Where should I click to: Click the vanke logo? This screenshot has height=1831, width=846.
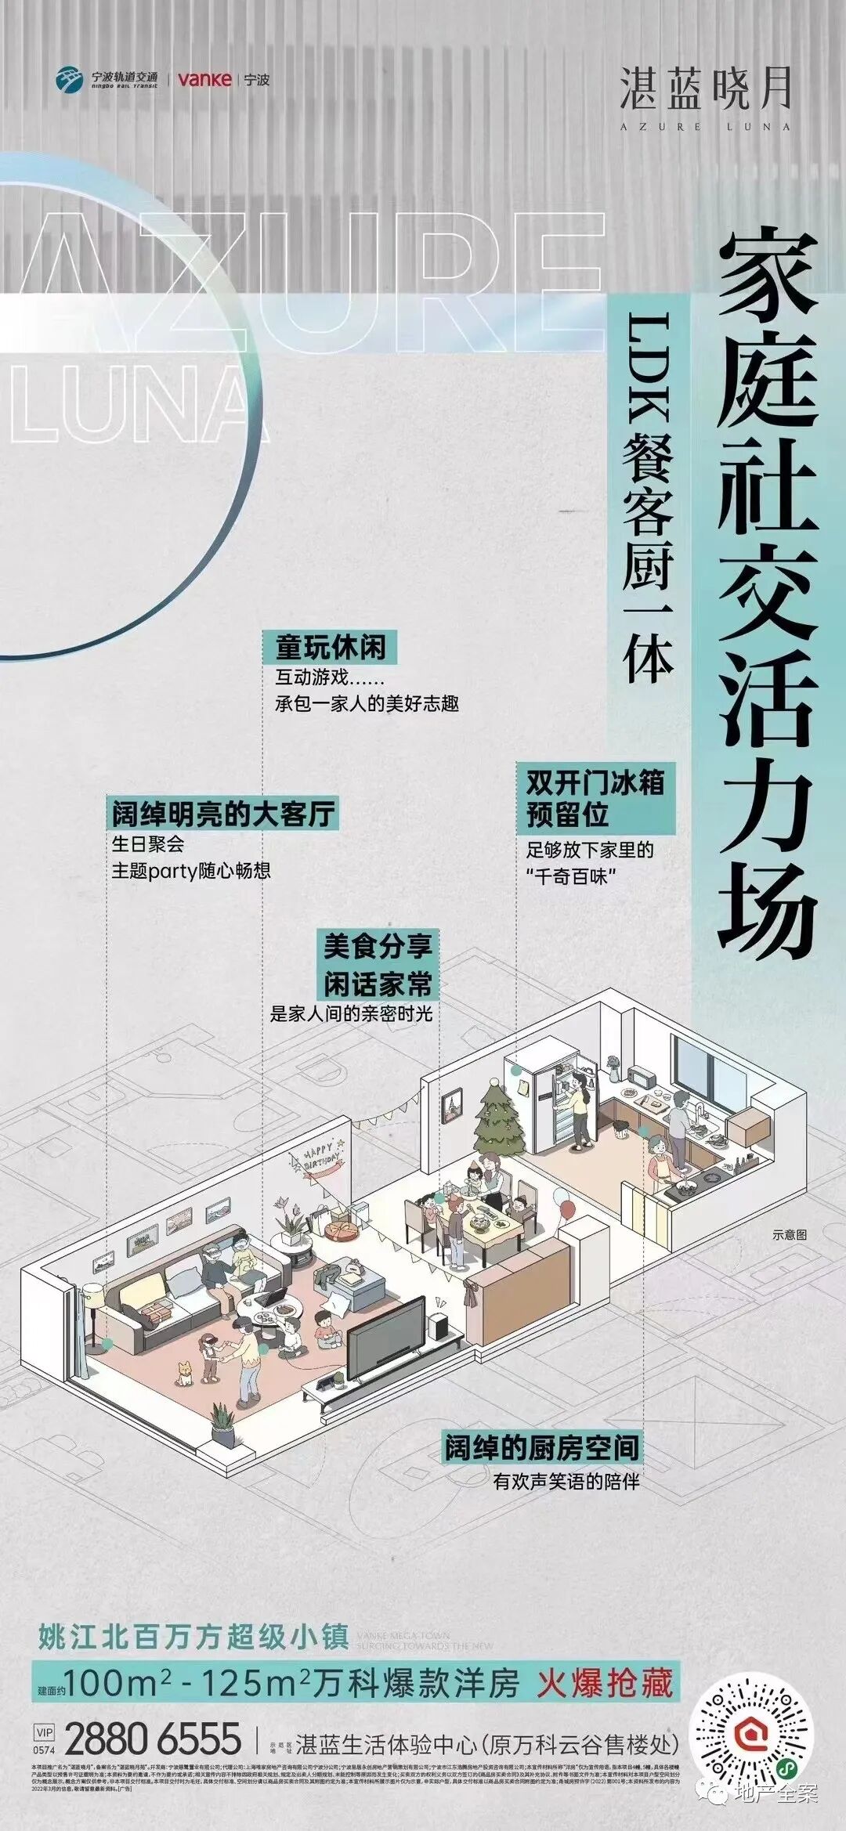pos(204,79)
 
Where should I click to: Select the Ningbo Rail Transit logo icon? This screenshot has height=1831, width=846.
pos(70,79)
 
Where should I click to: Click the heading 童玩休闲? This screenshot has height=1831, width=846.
pos(330,648)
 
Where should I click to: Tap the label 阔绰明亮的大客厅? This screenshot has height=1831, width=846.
pos(223,814)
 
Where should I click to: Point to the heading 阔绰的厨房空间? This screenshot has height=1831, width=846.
pos(541,1447)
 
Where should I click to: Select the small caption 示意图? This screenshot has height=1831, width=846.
pos(789,1234)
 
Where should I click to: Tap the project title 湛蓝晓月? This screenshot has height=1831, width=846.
pos(706,88)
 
